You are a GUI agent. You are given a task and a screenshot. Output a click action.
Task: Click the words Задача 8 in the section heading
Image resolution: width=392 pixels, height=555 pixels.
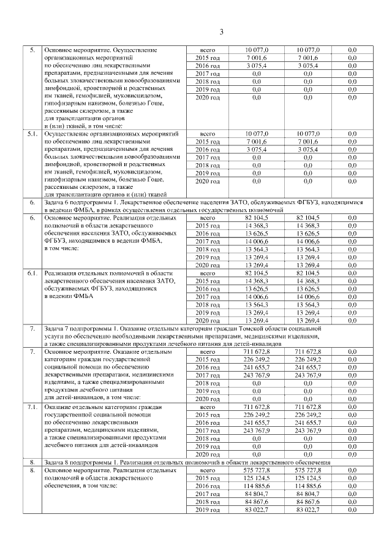[58, 461]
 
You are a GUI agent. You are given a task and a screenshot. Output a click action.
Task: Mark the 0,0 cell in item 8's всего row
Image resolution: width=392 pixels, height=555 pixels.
[353, 470]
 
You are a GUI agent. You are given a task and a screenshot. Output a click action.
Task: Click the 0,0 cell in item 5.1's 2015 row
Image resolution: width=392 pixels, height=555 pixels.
[353, 141]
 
